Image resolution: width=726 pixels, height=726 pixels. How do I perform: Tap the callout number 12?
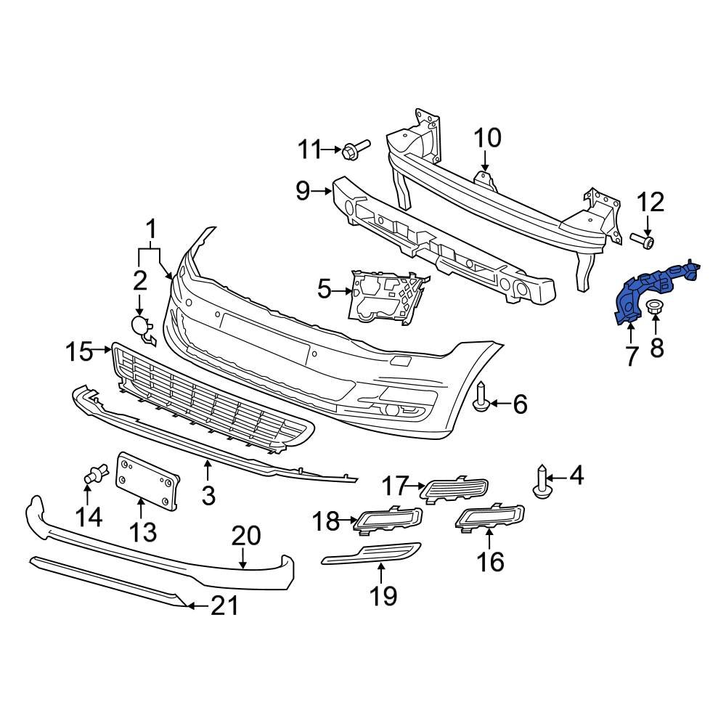click(x=650, y=202)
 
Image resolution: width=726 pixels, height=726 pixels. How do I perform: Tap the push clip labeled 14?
click(x=91, y=476)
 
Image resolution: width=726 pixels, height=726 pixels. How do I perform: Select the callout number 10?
click(x=488, y=137)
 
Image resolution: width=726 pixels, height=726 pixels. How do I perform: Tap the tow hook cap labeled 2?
click(x=141, y=327)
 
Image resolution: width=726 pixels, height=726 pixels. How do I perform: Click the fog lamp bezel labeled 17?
click(x=456, y=489)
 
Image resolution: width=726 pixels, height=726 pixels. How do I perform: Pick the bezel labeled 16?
click(x=489, y=517)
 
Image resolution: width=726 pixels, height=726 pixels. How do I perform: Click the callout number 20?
click(x=245, y=537)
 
